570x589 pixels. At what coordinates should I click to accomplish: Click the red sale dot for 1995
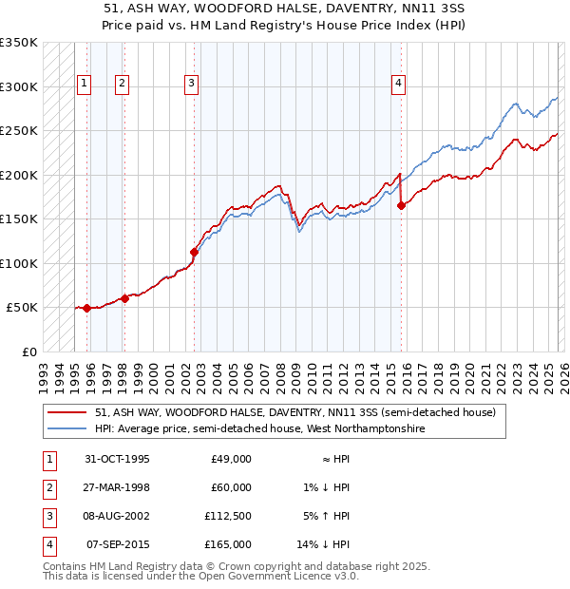point(86,308)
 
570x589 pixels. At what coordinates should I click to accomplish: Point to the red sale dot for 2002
point(194,252)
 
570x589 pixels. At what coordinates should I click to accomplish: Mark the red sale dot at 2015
point(401,205)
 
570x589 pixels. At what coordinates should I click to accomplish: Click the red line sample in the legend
point(68,413)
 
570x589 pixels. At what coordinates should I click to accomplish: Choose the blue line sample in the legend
point(68,429)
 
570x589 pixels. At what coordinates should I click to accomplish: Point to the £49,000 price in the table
point(230,459)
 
